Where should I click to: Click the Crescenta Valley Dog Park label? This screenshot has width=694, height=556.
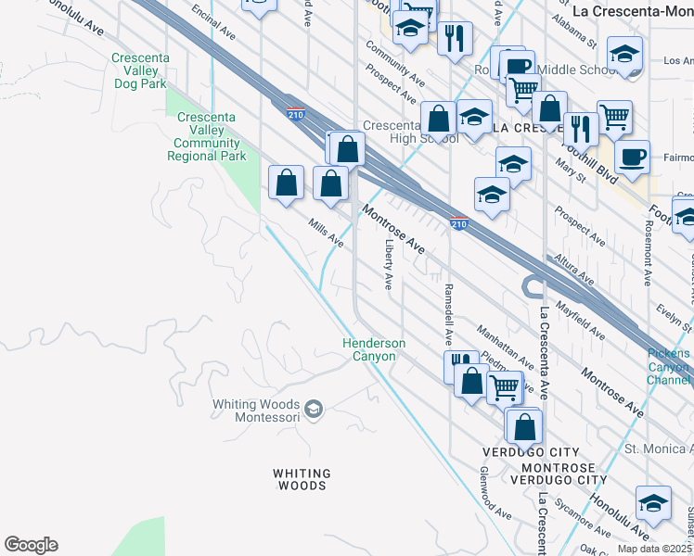[138, 70]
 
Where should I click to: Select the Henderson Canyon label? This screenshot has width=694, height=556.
[369, 349]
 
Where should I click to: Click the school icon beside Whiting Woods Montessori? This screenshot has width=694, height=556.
[314, 409]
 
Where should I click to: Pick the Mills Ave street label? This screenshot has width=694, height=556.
[326, 233]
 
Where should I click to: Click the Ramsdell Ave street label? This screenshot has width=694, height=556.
[447, 316]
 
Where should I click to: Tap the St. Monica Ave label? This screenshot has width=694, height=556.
[658, 449]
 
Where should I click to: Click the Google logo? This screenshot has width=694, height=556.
[32, 545]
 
